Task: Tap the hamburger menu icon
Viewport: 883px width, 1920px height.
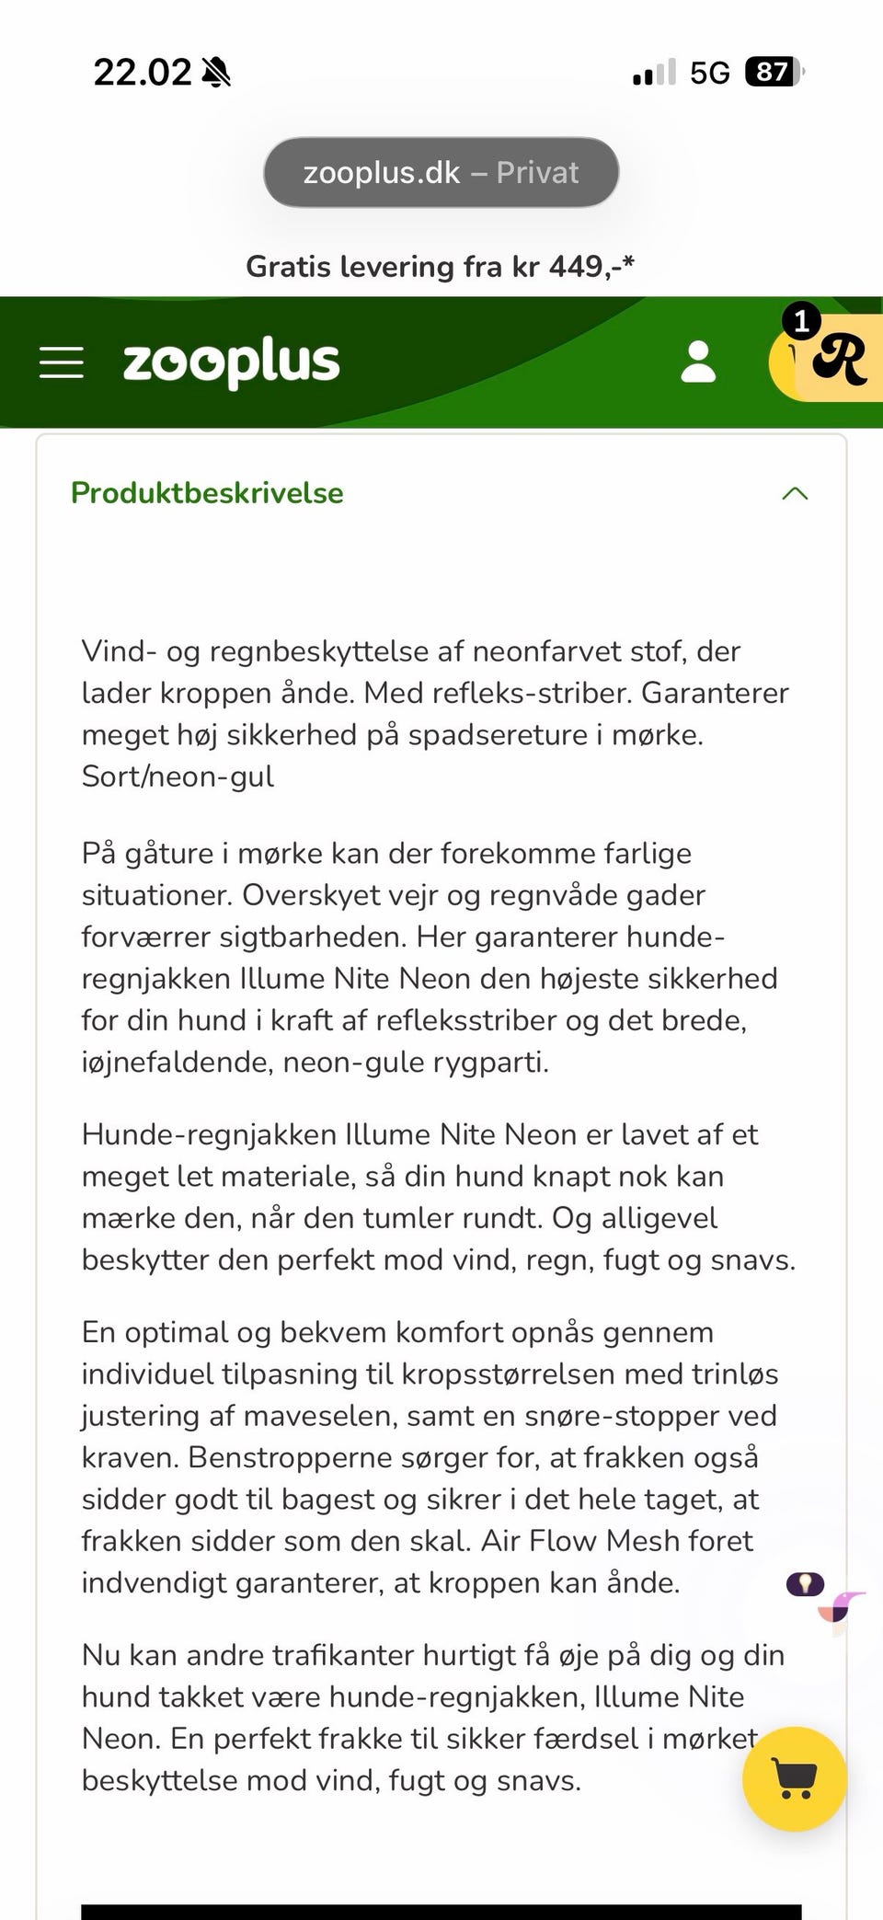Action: click(x=62, y=362)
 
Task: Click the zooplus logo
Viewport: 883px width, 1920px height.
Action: click(x=231, y=362)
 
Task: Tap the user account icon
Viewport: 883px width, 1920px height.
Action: click(x=698, y=362)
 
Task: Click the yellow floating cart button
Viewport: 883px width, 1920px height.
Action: click(x=794, y=1778)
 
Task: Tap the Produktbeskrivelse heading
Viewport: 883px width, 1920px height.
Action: click(x=207, y=493)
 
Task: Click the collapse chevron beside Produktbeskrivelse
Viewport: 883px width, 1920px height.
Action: click(x=795, y=493)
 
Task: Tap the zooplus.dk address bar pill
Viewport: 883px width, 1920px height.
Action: click(x=441, y=172)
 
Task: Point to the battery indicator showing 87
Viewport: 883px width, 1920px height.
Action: click(x=774, y=72)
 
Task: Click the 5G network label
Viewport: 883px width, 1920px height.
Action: click(x=709, y=73)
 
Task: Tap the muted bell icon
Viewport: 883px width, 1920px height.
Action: click(x=216, y=72)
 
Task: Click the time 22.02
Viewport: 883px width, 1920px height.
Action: click(x=143, y=72)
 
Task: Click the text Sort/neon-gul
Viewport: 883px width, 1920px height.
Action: click(x=178, y=776)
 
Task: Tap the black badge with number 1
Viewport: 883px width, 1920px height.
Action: click(x=801, y=321)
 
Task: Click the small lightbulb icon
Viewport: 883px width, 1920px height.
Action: click(x=805, y=1584)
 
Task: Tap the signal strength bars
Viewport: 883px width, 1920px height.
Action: click(x=654, y=73)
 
